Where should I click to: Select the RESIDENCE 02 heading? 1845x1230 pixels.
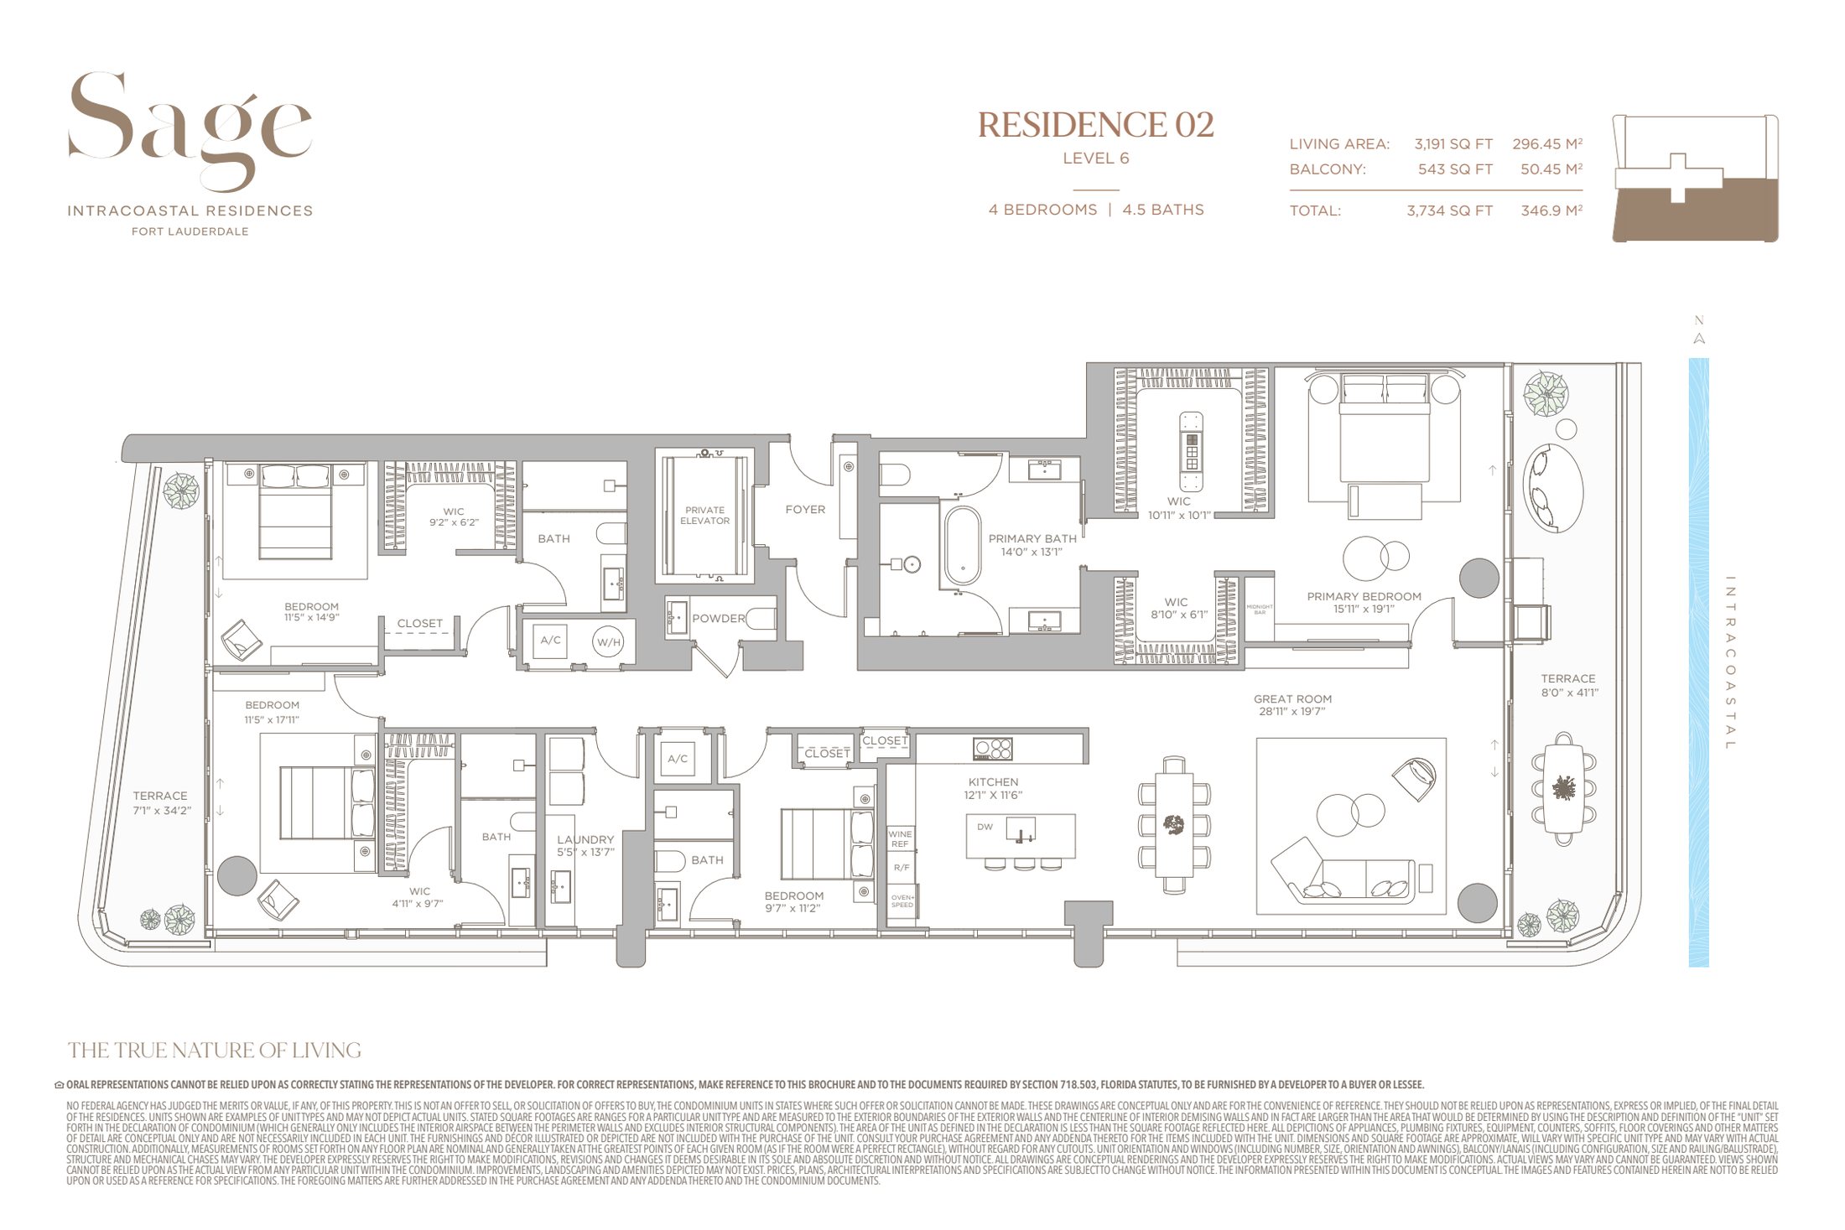click(1095, 126)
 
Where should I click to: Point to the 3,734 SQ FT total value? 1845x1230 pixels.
click(1449, 211)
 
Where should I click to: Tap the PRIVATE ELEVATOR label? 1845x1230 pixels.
click(704, 515)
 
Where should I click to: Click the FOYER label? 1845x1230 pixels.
click(805, 509)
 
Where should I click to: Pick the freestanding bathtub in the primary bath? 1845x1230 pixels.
click(962, 545)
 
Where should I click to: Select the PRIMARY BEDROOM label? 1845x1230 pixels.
click(1364, 597)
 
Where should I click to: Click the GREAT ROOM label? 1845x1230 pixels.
click(1292, 699)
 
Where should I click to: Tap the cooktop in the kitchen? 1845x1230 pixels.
click(992, 748)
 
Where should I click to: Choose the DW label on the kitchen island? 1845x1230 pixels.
click(985, 827)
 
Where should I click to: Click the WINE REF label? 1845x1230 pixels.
click(900, 838)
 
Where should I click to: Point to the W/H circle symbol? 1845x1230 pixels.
click(608, 642)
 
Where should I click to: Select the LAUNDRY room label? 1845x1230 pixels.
click(585, 839)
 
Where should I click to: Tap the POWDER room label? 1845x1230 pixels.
click(718, 619)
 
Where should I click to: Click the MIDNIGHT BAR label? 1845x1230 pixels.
click(1260, 609)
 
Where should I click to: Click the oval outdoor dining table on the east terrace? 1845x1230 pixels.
click(1563, 788)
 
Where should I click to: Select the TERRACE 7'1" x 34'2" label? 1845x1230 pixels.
click(160, 802)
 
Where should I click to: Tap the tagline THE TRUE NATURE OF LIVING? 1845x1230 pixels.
click(215, 1050)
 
